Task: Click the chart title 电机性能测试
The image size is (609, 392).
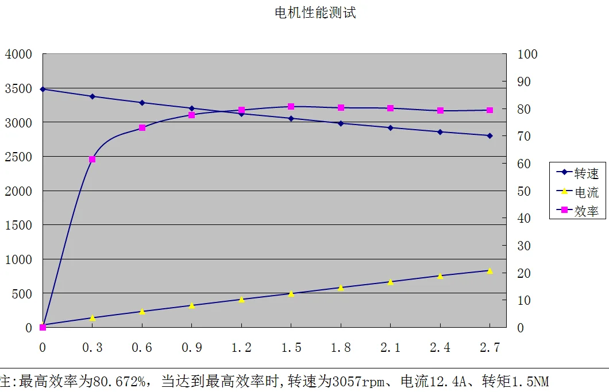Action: point(315,13)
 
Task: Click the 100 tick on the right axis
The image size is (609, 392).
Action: point(527,55)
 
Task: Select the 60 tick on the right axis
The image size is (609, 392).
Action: point(524,164)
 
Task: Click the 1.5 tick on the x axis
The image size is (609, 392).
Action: point(291,348)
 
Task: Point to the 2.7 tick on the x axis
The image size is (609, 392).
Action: point(489,348)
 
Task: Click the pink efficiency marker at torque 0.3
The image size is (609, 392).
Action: point(92,160)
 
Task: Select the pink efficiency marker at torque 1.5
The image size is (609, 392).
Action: point(291,107)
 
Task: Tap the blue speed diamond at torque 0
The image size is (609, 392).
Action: point(43,89)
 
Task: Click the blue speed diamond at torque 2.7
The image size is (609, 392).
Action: point(489,135)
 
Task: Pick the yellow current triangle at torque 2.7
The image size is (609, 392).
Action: point(489,270)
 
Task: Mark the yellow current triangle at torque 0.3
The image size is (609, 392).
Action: point(92,317)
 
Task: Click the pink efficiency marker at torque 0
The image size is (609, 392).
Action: point(43,327)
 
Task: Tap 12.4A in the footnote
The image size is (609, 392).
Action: point(448,382)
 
